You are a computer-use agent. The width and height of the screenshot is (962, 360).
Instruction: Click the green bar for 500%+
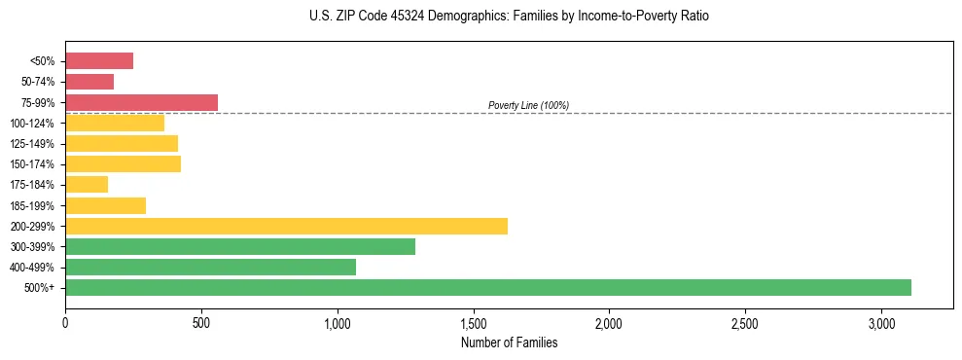pyautogui.click(x=487, y=287)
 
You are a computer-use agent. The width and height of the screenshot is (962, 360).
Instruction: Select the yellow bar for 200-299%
pyautogui.click(x=286, y=226)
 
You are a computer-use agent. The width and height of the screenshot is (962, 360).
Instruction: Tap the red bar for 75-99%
pyautogui.click(x=141, y=102)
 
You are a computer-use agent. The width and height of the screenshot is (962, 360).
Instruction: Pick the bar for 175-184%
pyautogui.click(x=87, y=184)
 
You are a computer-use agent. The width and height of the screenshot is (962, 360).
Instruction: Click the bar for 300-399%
pyautogui.click(x=240, y=246)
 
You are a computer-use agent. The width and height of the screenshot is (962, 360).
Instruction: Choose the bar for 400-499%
pyautogui.click(x=210, y=267)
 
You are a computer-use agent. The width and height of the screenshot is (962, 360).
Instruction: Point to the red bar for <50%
pyautogui.click(x=99, y=60)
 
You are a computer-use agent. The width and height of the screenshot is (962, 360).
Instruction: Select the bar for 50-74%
pyautogui.click(x=89, y=81)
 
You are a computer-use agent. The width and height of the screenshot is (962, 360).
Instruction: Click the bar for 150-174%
pyautogui.click(x=123, y=163)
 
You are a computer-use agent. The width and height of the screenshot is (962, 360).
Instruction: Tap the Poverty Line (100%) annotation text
pyautogui.click(x=528, y=105)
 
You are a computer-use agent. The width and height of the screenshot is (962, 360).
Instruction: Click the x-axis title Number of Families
pyautogui.click(x=509, y=342)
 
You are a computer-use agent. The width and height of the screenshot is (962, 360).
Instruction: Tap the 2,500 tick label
pyautogui.click(x=745, y=323)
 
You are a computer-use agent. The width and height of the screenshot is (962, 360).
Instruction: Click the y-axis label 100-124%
pyautogui.click(x=32, y=123)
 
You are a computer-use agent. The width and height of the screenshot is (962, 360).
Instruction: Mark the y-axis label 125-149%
pyautogui.click(x=32, y=143)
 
